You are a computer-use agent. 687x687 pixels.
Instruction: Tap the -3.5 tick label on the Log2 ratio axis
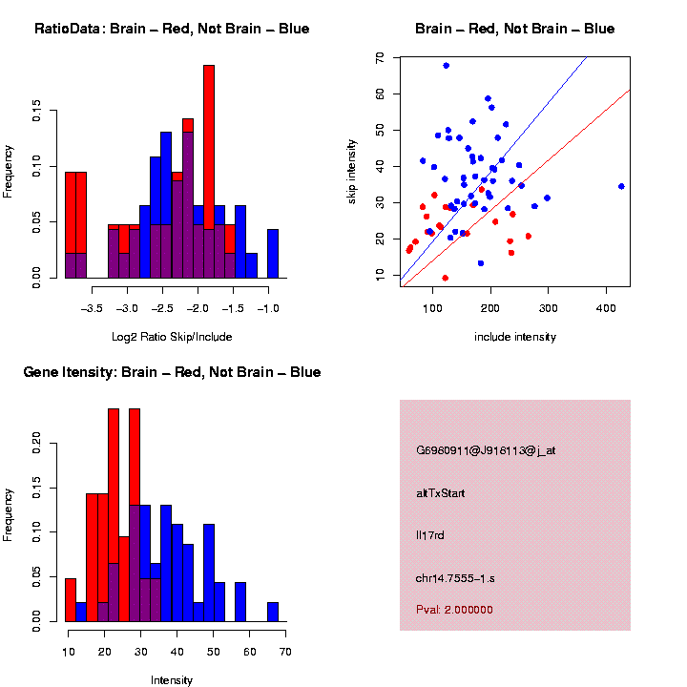(93, 308)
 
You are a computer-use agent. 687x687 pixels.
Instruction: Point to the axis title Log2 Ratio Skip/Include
(172, 336)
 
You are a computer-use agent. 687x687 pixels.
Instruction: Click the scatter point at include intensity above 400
(621, 186)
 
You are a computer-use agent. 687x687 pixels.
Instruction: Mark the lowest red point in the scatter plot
(445, 278)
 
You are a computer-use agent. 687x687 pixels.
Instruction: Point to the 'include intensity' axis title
(515, 337)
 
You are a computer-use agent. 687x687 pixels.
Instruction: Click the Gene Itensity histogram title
(172, 372)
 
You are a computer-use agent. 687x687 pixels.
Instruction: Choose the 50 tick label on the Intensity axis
(213, 652)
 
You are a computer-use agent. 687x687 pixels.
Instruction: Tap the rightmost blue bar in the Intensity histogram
(273, 612)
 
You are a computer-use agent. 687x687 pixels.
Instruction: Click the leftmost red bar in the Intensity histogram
(71, 600)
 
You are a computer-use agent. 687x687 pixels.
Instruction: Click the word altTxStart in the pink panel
(441, 493)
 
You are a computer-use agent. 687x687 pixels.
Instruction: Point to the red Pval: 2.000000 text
(455, 609)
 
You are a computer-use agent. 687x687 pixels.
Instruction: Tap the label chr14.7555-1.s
(457, 578)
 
